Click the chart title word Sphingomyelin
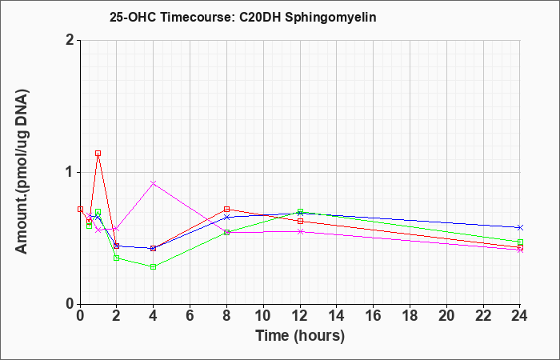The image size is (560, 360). pyautogui.click(x=330, y=18)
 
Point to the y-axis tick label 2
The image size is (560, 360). pyautogui.click(x=70, y=40)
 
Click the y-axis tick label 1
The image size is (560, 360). pyautogui.click(x=70, y=173)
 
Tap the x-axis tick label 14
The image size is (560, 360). pyautogui.click(x=337, y=316)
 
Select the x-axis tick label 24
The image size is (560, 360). pyautogui.click(x=520, y=316)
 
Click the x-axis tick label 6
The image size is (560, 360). pyautogui.click(x=190, y=316)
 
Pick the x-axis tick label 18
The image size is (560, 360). pyautogui.click(x=410, y=316)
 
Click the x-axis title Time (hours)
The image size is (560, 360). pyautogui.click(x=300, y=336)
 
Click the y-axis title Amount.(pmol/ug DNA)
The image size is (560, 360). pyautogui.click(x=22, y=172)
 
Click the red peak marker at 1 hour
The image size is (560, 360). pyautogui.click(x=98, y=154)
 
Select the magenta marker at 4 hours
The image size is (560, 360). pyautogui.click(x=154, y=183)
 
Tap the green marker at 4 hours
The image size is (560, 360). pyautogui.click(x=154, y=266)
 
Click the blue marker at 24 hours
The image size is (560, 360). pyautogui.click(x=520, y=227)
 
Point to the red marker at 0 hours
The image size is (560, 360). pyautogui.click(x=80, y=210)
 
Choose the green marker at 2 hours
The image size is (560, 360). pyautogui.click(x=117, y=258)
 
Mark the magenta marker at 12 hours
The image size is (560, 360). pyautogui.click(x=300, y=231)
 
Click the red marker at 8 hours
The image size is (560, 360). pyautogui.click(x=226, y=210)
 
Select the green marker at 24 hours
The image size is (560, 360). pyautogui.click(x=520, y=242)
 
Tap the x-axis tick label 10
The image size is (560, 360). pyautogui.click(x=263, y=316)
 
